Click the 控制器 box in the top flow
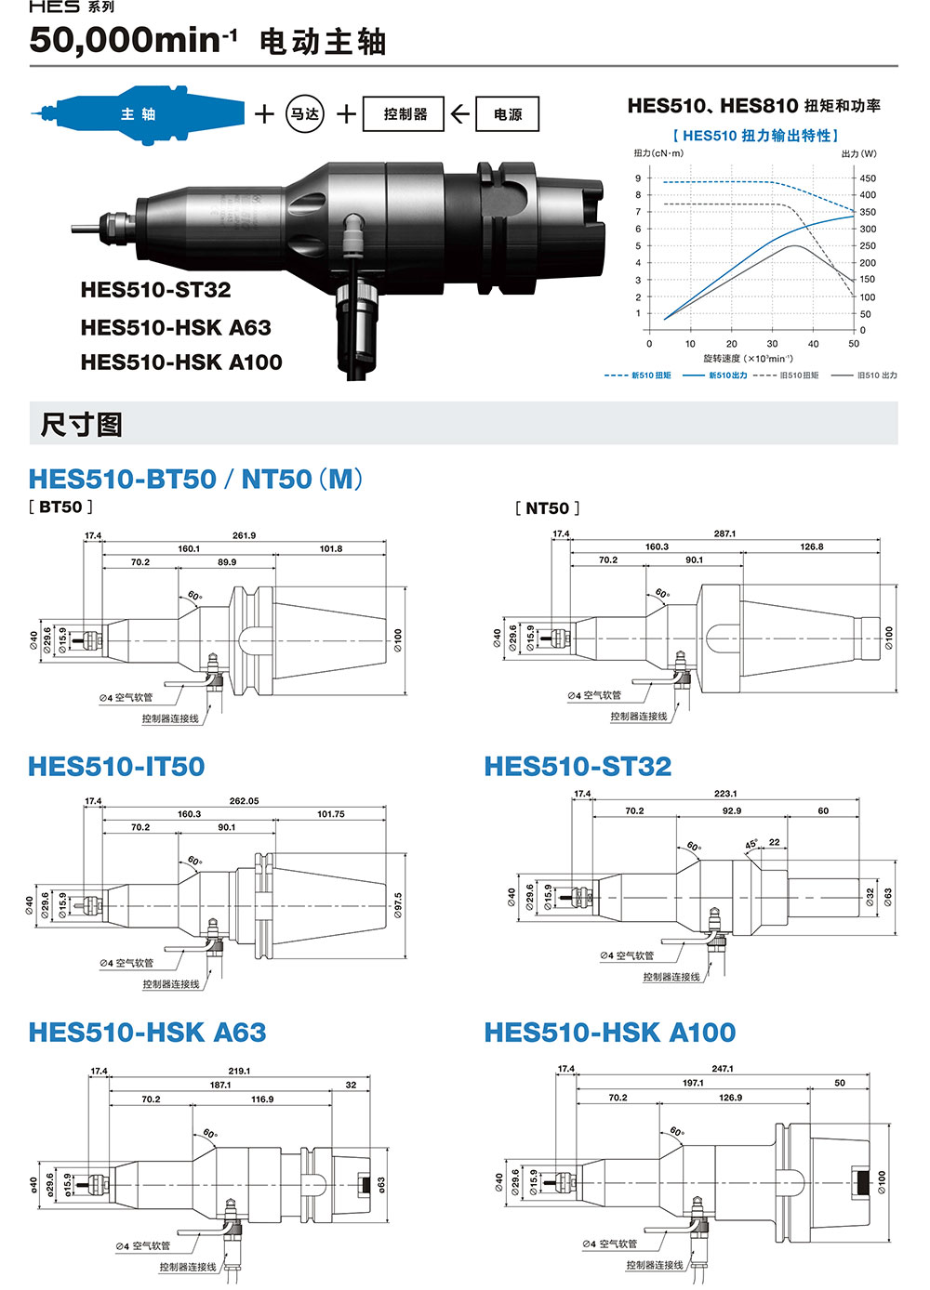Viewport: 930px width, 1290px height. pos(404,114)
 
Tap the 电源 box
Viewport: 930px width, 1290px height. pos(507,114)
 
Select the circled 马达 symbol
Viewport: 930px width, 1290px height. pos(305,113)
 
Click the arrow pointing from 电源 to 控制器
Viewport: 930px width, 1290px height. pos(459,114)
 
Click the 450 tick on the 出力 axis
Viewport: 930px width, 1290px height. pos(867,178)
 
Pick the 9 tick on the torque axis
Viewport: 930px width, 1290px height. pos(638,178)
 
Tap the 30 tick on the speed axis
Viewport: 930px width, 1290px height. pos(772,344)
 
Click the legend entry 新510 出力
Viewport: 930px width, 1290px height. pos(714,375)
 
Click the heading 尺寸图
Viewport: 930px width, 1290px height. pos(81,425)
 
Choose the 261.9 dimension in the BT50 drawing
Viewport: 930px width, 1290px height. pos(244,535)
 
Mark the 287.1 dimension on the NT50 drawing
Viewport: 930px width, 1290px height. pos(724,533)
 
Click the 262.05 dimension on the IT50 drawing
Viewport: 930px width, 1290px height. pos(244,801)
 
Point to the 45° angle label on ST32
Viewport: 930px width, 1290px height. pos(751,844)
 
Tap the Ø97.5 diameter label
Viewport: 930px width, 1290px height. pos(398,905)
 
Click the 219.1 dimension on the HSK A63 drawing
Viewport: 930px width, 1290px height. pos(239,1072)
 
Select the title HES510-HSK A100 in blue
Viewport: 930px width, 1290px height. pos(610,1033)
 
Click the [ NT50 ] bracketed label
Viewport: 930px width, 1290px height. pos(547,508)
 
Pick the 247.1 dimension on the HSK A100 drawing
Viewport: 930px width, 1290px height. pos(723,1069)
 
